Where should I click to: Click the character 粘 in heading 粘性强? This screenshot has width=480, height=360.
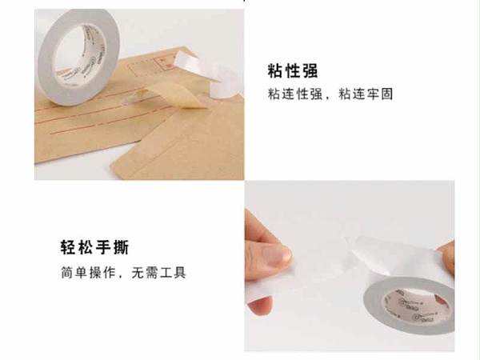point(274,71)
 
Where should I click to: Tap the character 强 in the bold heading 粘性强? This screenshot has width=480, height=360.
point(310,71)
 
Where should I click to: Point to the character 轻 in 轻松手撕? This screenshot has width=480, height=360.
point(68,247)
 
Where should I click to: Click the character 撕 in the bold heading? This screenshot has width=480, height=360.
point(122,247)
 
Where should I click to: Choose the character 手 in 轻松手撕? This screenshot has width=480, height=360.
point(103,247)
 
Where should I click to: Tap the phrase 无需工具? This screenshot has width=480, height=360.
point(158,273)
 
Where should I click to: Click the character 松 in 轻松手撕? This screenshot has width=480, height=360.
point(86,247)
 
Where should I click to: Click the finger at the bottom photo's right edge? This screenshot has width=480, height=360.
point(448,254)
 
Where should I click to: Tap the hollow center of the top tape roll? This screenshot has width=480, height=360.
point(80,54)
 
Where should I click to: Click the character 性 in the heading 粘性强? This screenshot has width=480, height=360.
point(292,71)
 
